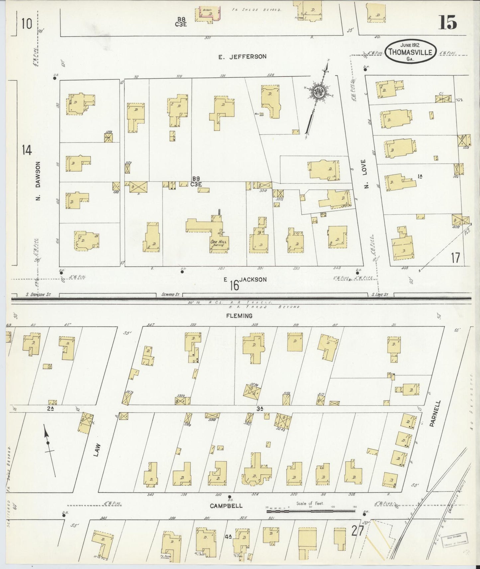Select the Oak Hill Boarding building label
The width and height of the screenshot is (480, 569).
(218, 243)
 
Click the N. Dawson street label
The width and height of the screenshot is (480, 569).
(39, 181)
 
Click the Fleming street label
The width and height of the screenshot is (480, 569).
(239, 316)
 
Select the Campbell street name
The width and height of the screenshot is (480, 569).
(226, 506)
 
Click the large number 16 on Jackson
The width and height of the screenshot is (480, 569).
(234, 285)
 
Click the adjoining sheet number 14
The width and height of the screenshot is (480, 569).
(27, 150)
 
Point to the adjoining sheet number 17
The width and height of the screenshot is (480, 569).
(455, 258)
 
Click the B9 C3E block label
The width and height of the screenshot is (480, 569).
(196, 181)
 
